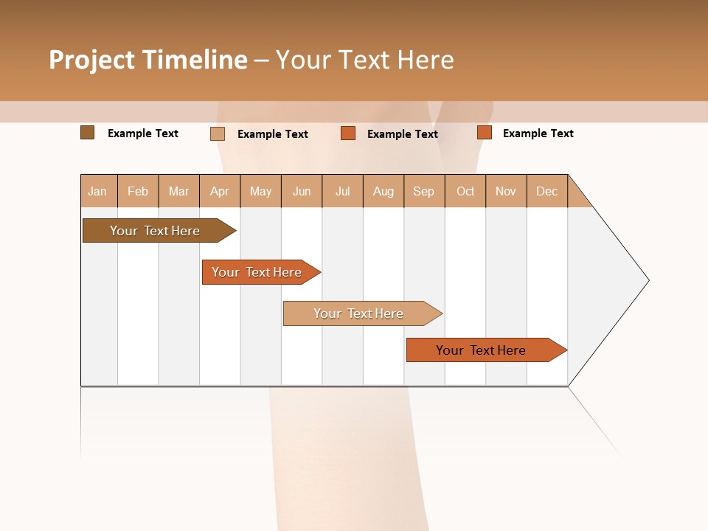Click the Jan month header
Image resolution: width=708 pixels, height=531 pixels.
pos(98,191)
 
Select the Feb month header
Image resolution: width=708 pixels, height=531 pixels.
pos(138,191)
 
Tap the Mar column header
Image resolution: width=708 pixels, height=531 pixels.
pos(178,191)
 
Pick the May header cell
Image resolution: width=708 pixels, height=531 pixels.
pos(260,191)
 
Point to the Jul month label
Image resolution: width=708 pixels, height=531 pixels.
pos(342,191)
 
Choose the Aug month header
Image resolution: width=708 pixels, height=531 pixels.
pos(383,191)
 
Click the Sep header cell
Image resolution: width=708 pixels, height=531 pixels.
pos(424,191)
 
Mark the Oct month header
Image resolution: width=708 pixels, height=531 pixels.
pos(465,191)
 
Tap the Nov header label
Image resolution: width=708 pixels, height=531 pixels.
pos(506,191)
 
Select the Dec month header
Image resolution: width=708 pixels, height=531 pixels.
pos(546,191)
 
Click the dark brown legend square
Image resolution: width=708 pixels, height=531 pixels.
pos(87,133)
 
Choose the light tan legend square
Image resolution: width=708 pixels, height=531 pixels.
pos(217,133)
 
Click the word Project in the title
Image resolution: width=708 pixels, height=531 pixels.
pos(91,60)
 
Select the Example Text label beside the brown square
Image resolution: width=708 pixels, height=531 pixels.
pos(143,133)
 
